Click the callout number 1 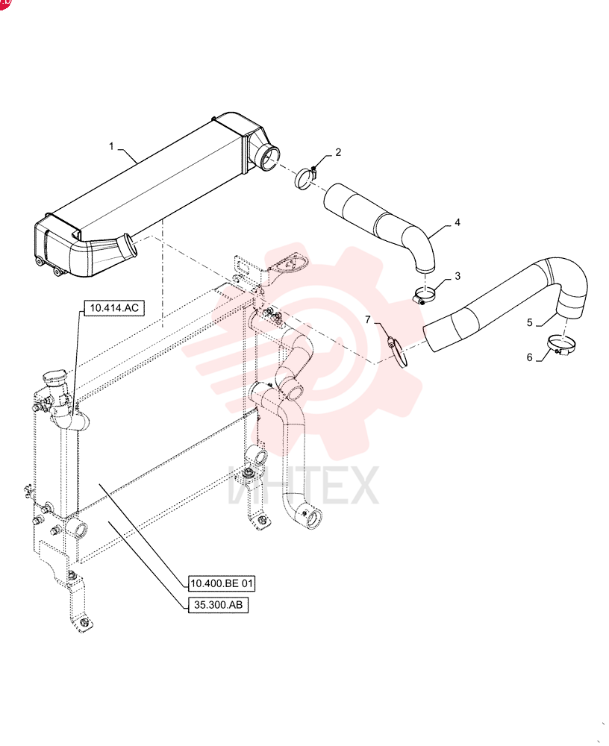[111, 146]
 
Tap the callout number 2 [338, 152]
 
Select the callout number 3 [457, 276]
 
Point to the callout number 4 [457, 222]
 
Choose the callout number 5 [529, 322]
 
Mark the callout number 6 [529, 357]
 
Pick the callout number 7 [368, 320]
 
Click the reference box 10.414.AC [114, 308]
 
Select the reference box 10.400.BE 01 [222, 583]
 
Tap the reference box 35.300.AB [218, 605]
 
